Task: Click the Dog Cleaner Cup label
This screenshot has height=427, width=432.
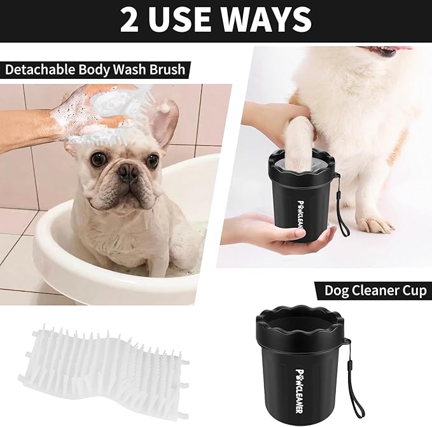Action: (375, 290)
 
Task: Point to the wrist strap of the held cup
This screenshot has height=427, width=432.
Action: (344, 210)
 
